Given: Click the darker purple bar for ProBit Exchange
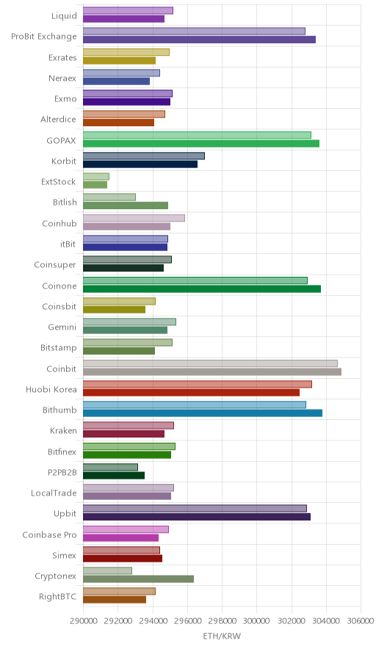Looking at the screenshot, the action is [x=199, y=40].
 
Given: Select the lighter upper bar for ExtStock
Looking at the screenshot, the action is [x=96, y=176].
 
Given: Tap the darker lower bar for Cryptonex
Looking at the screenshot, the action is [x=138, y=579].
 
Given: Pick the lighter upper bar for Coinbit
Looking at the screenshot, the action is [x=210, y=363].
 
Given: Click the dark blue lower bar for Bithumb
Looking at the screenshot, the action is [x=203, y=413].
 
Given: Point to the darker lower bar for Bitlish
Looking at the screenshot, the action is [x=126, y=206].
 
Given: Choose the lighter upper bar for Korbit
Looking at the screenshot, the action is [x=144, y=156].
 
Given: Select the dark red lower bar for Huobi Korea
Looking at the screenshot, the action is [x=192, y=392].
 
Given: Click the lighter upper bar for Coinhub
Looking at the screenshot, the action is [x=134, y=218].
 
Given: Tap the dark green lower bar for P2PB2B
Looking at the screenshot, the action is [x=114, y=475].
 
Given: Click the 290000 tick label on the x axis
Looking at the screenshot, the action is [x=83, y=621].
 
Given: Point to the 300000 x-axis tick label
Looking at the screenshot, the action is [x=257, y=621].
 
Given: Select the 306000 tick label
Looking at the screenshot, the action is [x=361, y=621].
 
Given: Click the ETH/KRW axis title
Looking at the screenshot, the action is [x=222, y=637].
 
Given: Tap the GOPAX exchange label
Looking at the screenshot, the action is [x=61, y=140].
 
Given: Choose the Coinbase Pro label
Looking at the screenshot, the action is [x=50, y=534].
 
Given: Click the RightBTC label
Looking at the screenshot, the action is [x=57, y=596].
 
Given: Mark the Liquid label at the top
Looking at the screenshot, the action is [x=64, y=15].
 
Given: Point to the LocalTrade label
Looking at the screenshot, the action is [x=54, y=493].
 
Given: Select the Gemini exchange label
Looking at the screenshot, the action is [x=62, y=327].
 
